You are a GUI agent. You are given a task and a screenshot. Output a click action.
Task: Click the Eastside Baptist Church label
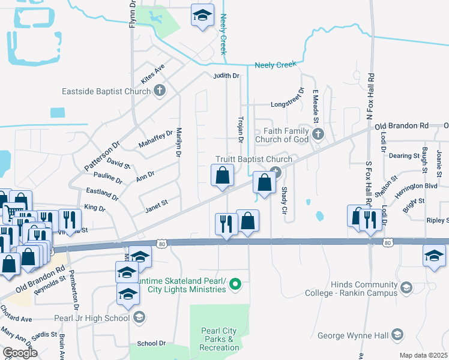click(107, 92)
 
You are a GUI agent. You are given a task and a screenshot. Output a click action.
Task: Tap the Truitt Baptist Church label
click(254, 159)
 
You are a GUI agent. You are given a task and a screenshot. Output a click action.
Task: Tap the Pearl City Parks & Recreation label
click(218, 339)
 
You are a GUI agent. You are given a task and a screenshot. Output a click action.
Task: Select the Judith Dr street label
click(226, 76)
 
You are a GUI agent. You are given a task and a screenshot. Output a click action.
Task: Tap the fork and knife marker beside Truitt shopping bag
click(226, 223)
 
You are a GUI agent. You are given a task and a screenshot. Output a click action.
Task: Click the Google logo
click(20, 353)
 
